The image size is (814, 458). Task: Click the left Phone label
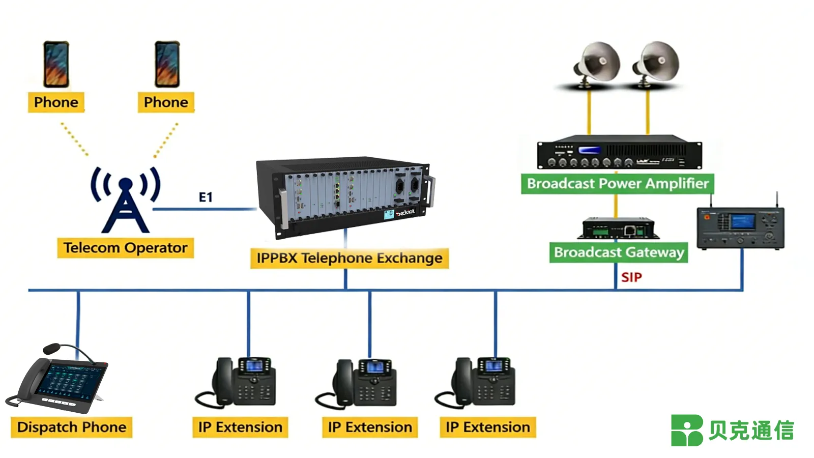click(56, 102)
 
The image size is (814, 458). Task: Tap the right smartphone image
click(167, 65)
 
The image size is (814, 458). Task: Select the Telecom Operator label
click(125, 248)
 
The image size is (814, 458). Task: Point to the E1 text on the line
click(206, 197)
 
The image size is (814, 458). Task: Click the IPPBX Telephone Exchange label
click(349, 258)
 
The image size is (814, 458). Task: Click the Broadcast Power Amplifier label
click(617, 184)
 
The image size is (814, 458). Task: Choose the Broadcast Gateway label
click(618, 252)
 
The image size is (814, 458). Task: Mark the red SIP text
click(631, 277)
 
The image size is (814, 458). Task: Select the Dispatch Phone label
click(72, 427)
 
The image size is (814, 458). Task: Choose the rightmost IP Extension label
click(487, 427)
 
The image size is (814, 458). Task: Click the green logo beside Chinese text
click(686, 431)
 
